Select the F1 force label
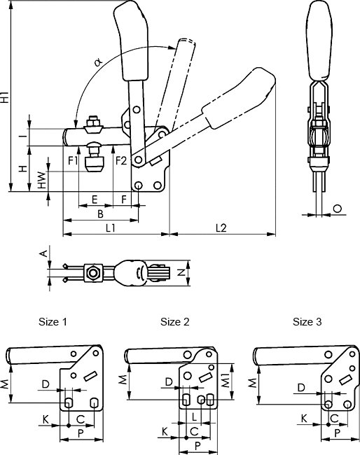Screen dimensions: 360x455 click(73, 160)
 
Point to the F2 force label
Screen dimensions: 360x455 click(121, 160)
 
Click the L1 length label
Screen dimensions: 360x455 click(110, 228)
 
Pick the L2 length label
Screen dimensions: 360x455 click(221, 228)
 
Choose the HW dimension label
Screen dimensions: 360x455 click(43, 180)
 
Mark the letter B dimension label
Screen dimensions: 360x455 click(100, 214)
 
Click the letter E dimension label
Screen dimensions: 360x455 click(94, 199)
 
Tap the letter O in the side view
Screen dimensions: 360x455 click(338, 209)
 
